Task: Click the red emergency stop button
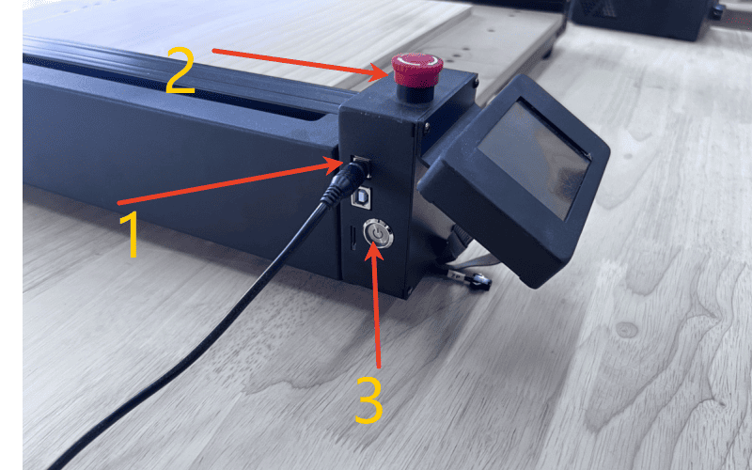(x=416, y=70)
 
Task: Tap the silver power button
(x=378, y=233)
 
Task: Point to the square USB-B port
(x=361, y=196)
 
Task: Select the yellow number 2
(x=180, y=70)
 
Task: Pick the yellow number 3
(x=368, y=401)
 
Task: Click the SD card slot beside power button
(x=353, y=239)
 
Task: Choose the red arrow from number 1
(x=232, y=182)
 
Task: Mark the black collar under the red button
(x=415, y=93)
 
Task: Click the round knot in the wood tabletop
(x=626, y=330)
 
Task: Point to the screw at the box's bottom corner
(x=409, y=290)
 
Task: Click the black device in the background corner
(x=643, y=19)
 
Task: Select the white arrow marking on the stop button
(x=417, y=62)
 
